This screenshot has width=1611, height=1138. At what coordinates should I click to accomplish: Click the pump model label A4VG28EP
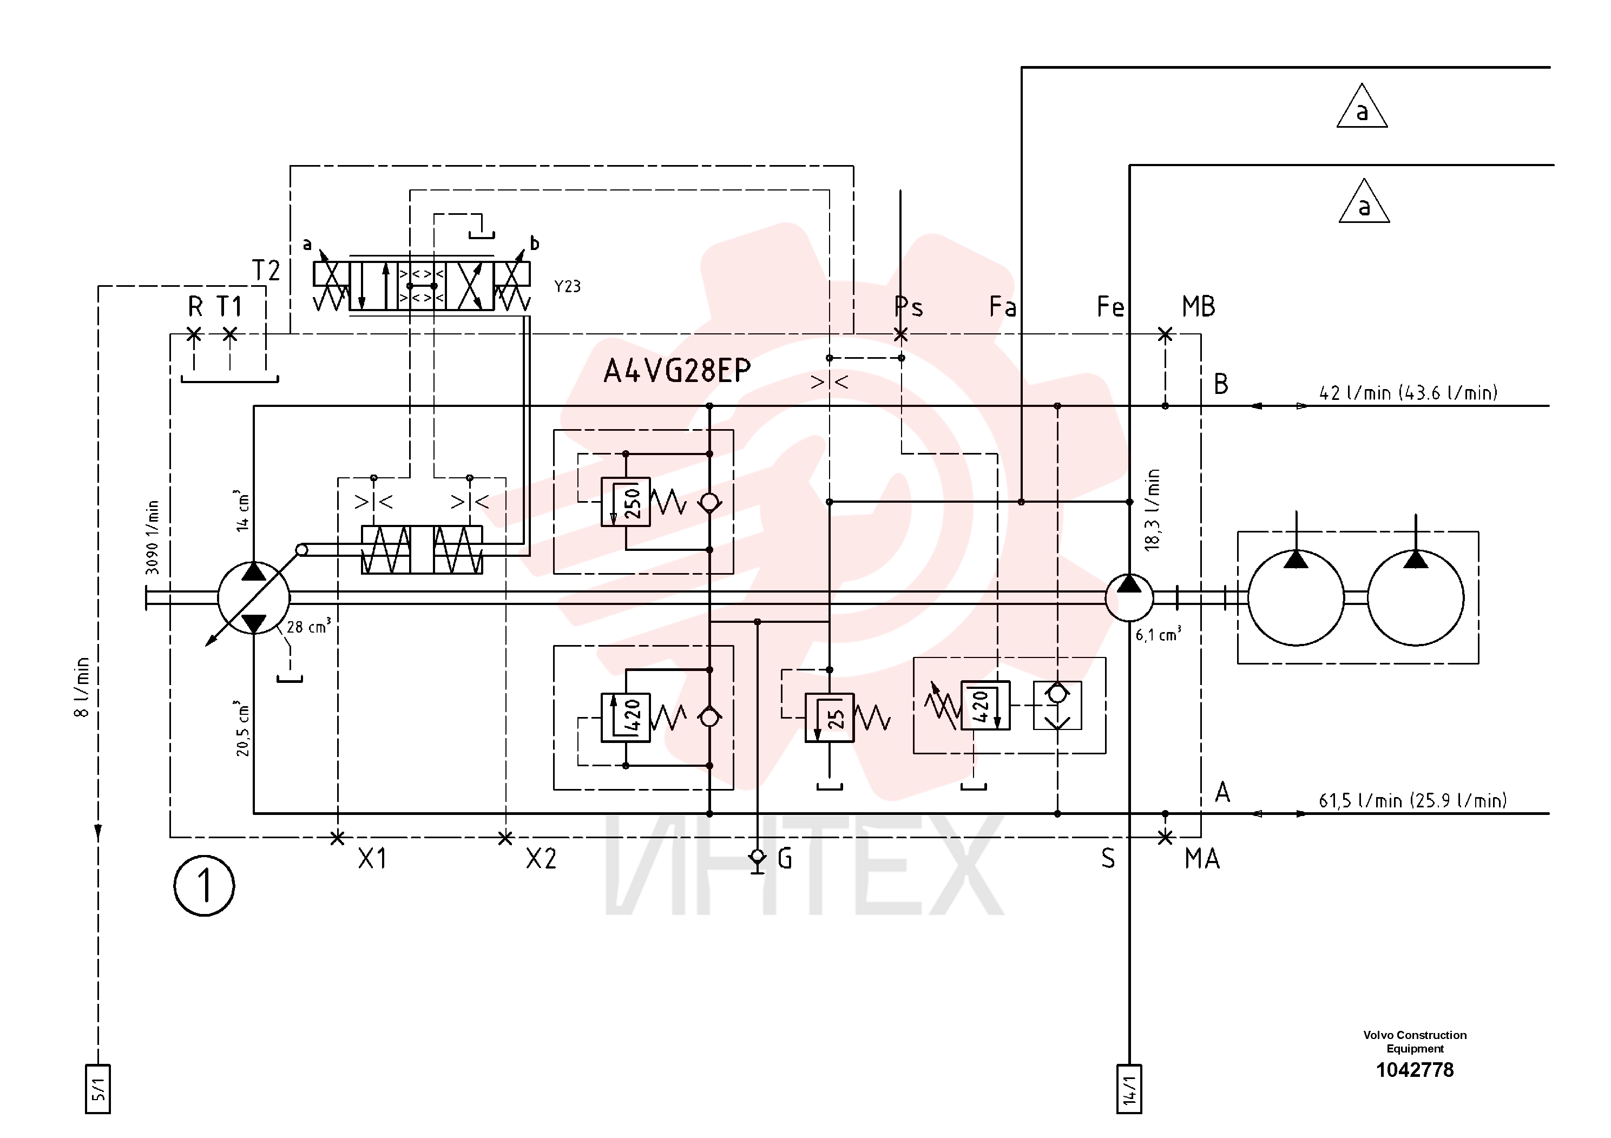tap(677, 371)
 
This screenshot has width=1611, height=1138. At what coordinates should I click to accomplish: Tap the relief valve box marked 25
tap(830, 718)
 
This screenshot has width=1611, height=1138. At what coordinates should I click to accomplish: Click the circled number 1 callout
tap(204, 885)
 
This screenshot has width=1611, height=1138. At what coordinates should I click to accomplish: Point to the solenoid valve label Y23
tap(568, 286)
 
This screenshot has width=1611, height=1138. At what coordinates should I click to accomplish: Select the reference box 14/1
tap(1129, 1089)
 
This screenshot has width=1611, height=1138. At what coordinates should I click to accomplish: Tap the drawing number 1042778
tap(1415, 1070)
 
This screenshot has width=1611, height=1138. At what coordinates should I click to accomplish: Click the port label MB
tap(1199, 307)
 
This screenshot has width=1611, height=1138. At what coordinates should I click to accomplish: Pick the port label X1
tap(372, 858)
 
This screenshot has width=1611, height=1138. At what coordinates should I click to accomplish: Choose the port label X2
tap(541, 858)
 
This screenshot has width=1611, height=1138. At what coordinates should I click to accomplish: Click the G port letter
tap(785, 858)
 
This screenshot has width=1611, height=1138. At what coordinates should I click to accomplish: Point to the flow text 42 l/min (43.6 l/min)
tap(1408, 392)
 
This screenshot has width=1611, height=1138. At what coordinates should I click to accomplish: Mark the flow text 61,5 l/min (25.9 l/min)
tap(1412, 800)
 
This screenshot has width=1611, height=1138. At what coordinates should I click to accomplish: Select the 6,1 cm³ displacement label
tap(1159, 634)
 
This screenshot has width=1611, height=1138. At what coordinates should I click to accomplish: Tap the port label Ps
tap(909, 307)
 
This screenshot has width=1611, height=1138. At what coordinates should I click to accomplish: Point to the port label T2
tap(266, 270)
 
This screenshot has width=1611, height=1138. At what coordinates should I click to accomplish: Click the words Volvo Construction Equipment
tap(1415, 1042)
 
